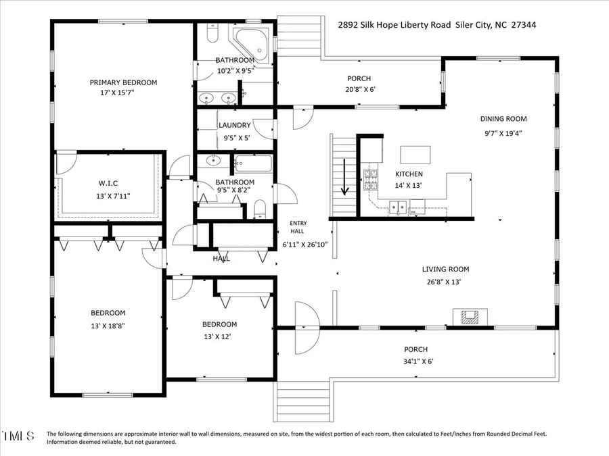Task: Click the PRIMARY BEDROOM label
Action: coord(123,82)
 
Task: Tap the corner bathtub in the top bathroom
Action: coord(252,41)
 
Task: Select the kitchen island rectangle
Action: coord(415,155)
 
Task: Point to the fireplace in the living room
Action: coord(468,315)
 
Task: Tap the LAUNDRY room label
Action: coord(234,125)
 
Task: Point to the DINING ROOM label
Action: coord(503,119)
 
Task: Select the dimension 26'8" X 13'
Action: coord(444,282)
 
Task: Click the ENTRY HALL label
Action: coord(298,228)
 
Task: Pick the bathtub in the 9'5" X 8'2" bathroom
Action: coord(253,163)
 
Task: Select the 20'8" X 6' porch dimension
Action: coord(359,89)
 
